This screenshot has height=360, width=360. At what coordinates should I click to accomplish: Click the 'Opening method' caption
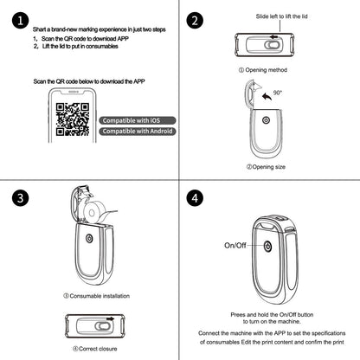[264, 68]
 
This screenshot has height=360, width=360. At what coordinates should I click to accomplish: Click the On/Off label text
[236, 246]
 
